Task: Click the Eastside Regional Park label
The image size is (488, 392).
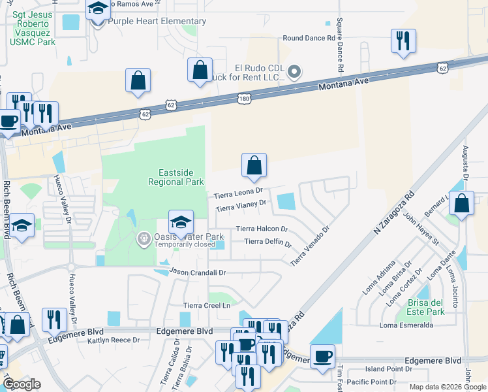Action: pyautogui.click(x=175, y=177)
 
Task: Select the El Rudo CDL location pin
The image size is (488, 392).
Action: pyautogui.click(x=294, y=71)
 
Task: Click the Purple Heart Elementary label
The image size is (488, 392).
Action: pyautogui.click(x=157, y=21)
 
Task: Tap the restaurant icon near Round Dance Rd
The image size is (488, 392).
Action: pyautogui.click(x=403, y=41)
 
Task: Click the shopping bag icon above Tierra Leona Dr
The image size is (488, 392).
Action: pyautogui.click(x=254, y=165)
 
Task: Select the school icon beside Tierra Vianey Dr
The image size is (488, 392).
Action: pyautogui.click(x=181, y=222)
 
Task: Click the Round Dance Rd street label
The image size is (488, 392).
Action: pyautogui.click(x=308, y=39)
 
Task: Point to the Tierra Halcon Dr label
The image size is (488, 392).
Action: pyautogui.click(x=262, y=229)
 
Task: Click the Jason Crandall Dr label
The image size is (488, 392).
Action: pyautogui.click(x=197, y=271)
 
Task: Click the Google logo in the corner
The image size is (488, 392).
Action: pyautogui.click(x=22, y=384)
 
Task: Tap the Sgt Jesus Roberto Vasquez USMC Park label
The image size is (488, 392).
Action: pyautogui.click(x=32, y=27)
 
